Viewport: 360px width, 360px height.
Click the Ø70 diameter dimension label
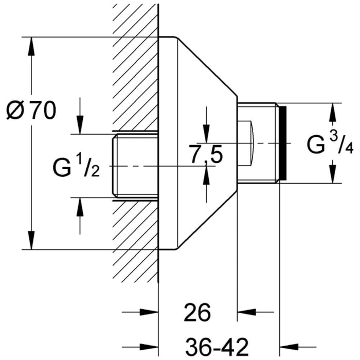31,111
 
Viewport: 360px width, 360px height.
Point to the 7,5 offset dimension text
206,154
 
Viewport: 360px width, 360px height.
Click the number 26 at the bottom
197,313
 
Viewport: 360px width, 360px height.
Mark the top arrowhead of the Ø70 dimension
32,46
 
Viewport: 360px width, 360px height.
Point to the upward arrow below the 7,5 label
205,175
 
